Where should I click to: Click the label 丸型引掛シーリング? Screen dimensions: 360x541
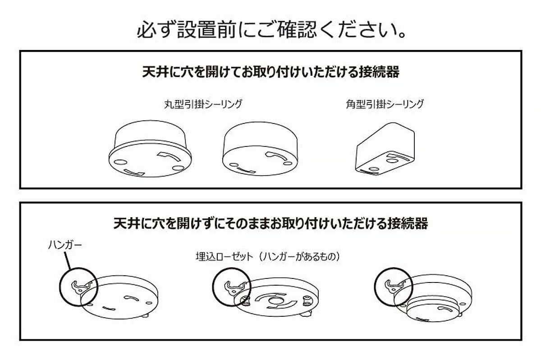tap(203, 104)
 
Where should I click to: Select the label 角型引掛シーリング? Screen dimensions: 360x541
tap(384, 104)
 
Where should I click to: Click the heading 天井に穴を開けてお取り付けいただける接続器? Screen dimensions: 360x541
tap(271, 72)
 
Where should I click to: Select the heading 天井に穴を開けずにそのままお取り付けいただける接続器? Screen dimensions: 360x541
tap(270, 223)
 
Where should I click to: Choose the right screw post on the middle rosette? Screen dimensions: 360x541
tap(308, 299)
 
